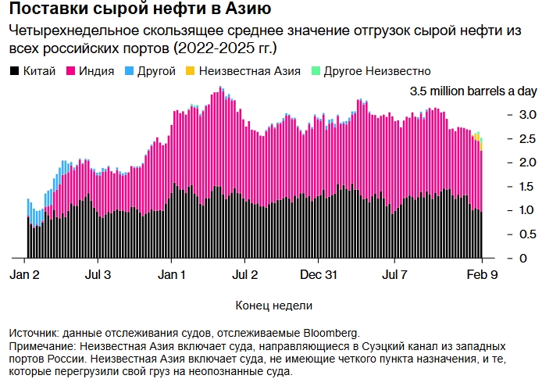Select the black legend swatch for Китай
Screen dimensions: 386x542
[x=14, y=71]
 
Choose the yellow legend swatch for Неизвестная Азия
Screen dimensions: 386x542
[x=191, y=71]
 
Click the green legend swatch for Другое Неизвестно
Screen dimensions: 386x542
[x=316, y=71]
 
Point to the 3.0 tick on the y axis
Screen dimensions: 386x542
[x=506, y=114]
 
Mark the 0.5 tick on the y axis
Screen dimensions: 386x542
[x=506, y=234]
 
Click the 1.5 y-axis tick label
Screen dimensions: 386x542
[x=506, y=186]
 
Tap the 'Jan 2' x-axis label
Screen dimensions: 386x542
[x=26, y=275]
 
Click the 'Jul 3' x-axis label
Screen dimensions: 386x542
[x=97, y=275]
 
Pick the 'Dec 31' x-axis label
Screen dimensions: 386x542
[x=319, y=275]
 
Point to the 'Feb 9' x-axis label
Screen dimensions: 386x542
[x=481, y=275]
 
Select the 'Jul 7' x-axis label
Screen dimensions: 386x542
[x=394, y=275]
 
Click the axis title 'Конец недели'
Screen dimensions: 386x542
[x=266, y=305]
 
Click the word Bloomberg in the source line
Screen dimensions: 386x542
[x=329, y=332]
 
